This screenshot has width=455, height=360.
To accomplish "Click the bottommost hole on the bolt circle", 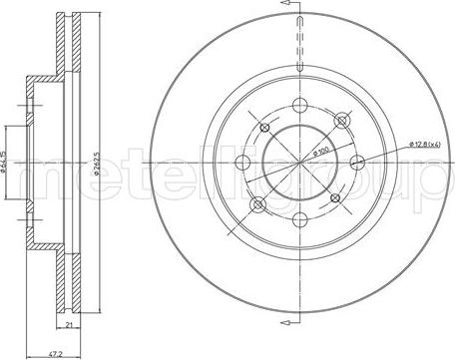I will (x=302, y=217).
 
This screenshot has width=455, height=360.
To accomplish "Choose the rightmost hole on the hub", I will (x=356, y=164).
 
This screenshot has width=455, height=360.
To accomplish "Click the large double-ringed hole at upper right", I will (x=344, y=122).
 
